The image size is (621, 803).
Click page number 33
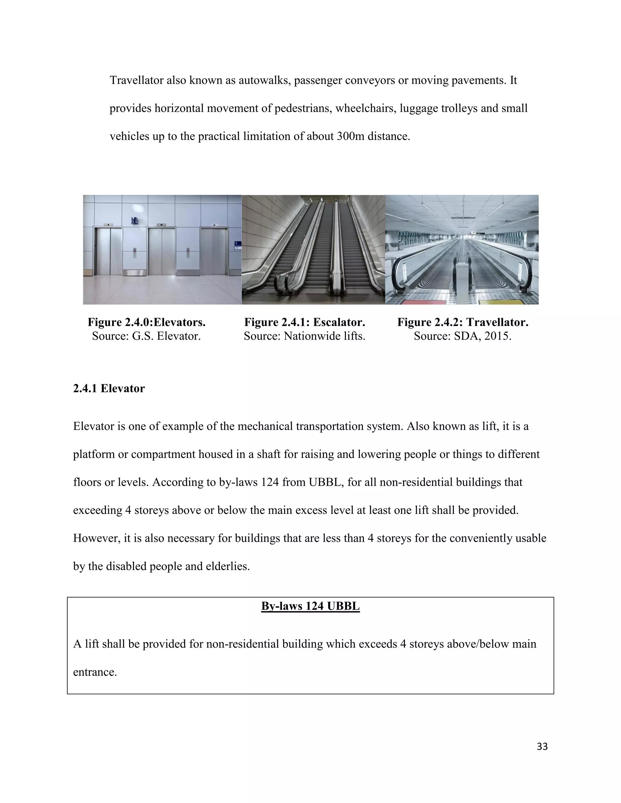coord(542,747)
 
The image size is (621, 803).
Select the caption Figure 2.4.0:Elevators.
coord(146,322)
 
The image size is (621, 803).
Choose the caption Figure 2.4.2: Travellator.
coord(462,322)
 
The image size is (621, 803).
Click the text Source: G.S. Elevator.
coord(146,336)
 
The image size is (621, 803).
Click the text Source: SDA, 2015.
coord(462,336)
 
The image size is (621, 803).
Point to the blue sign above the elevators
coord(134,221)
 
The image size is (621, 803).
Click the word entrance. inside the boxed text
coord(95,672)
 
